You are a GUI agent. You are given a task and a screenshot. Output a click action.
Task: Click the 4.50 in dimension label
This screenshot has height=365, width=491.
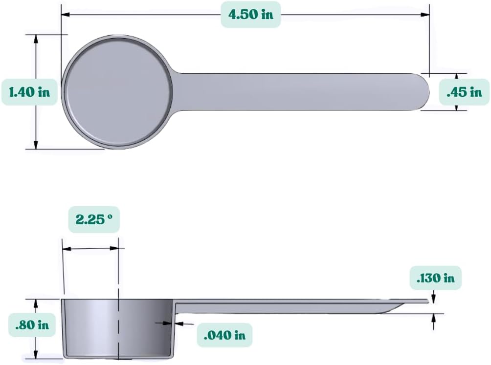[x=251, y=14]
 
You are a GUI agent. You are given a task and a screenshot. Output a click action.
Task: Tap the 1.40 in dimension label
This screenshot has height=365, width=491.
[x=29, y=91]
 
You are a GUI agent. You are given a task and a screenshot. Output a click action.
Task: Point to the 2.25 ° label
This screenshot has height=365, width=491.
[x=94, y=219]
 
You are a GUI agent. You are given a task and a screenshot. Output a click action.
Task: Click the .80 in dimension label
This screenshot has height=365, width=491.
[x=32, y=324]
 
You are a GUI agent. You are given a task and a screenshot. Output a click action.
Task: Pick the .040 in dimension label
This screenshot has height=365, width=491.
[x=224, y=335]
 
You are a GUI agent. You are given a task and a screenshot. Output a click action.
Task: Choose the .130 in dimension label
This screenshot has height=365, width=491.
[x=435, y=278]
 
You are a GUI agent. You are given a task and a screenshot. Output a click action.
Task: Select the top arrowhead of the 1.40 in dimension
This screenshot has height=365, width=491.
[x=36, y=39]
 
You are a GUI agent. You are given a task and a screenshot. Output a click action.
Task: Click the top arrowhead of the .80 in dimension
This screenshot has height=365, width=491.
[x=36, y=303]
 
